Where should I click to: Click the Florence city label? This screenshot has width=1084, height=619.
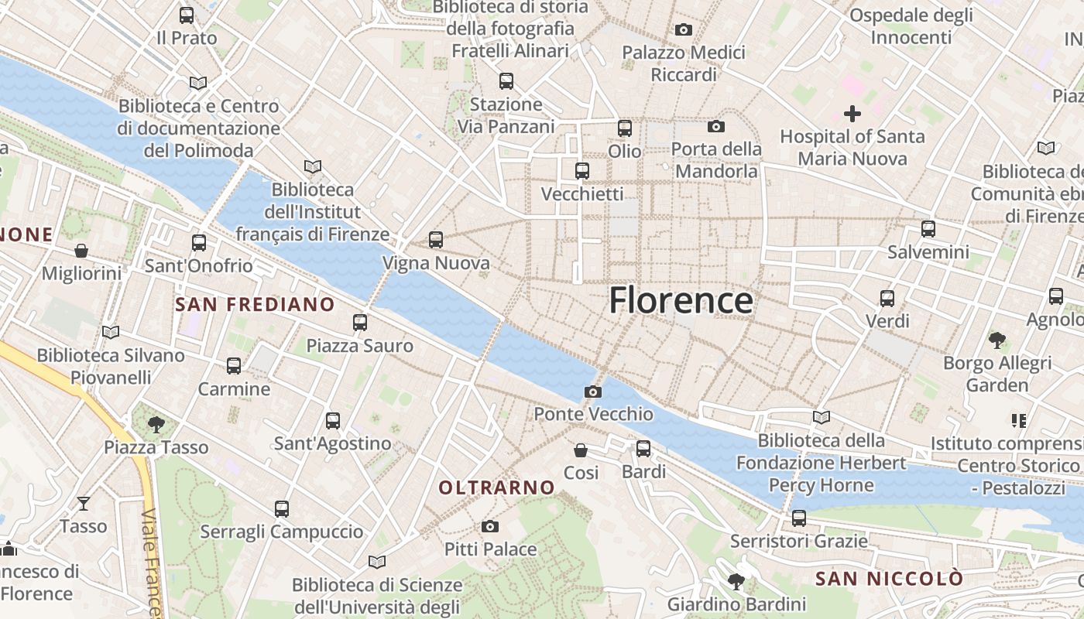(681, 300)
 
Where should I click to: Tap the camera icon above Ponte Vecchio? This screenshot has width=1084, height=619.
(593, 392)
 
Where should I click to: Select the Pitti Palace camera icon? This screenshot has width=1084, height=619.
(489, 527)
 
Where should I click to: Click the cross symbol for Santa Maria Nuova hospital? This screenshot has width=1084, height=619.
(852, 114)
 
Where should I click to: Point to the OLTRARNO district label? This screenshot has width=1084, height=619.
(496, 487)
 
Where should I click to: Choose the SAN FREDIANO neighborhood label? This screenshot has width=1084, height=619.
(255, 305)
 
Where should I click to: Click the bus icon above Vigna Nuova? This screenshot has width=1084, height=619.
(436, 240)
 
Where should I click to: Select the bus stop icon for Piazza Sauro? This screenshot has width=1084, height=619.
(360, 323)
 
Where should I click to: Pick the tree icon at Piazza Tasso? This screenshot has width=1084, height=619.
(156, 423)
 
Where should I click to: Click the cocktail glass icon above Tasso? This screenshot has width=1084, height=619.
(84, 504)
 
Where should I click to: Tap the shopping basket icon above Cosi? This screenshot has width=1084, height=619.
(581, 450)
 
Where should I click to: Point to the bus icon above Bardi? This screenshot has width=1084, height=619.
(643, 449)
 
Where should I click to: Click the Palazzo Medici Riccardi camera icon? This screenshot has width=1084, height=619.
(683, 30)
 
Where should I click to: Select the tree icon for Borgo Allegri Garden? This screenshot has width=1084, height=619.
(997, 339)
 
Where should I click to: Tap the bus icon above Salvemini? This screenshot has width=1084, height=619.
(928, 229)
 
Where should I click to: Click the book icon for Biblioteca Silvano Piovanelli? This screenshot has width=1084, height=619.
(111, 332)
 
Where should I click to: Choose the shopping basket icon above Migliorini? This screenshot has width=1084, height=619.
(81, 251)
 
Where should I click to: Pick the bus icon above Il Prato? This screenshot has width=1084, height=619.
(187, 15)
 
